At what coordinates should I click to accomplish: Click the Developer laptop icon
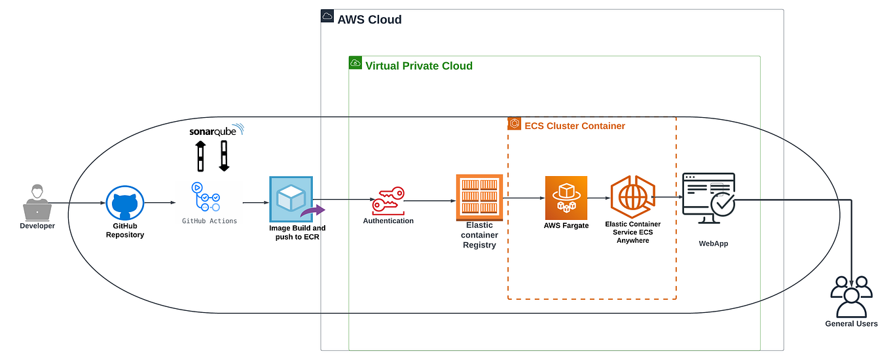click(x=37, y=203)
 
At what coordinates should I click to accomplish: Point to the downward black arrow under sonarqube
click(x=224, y=156)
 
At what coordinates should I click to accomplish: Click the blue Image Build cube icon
click(x=291, y=199)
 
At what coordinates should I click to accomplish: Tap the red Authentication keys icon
click(x=388, y=200)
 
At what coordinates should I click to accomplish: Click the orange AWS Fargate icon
click(x=566, y=198)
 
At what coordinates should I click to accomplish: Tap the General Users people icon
click(x=851, y=296)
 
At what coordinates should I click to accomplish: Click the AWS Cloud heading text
click(x=369, y=20)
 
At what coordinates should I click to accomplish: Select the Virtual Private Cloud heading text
click(x=419, y=65)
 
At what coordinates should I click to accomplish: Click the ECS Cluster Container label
click(x=575, y=126)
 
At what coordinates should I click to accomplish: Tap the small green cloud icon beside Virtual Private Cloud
click(x=355, y=63)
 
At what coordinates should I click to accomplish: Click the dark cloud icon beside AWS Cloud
click(x=327, y=16)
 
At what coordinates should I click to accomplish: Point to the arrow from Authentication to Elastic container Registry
click(x=429, y=201)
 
